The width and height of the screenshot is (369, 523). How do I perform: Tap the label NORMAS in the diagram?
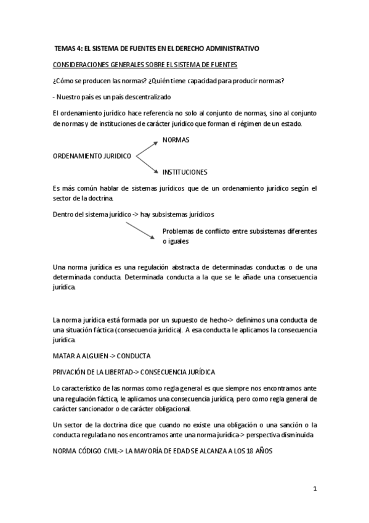coord(176,140)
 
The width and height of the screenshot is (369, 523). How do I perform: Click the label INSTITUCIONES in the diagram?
coord(184,172)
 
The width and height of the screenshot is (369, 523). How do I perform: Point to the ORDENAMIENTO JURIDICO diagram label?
coord(92,156)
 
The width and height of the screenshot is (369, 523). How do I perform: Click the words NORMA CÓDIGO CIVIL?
coord(84,450)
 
